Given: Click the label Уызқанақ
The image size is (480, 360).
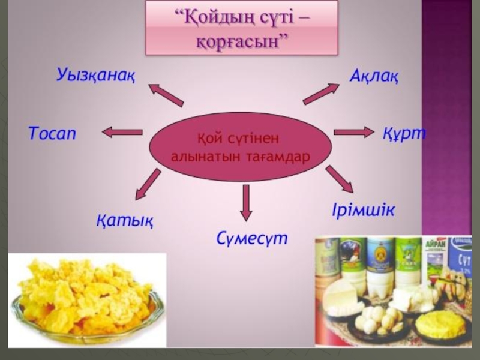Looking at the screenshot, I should click(x=96, y=76).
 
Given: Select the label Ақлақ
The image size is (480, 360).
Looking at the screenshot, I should click(x=374, y=77).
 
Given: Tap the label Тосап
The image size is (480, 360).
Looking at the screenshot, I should click(x=53, y=133).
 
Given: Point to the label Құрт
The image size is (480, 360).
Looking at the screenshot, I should click(x=404, y=133).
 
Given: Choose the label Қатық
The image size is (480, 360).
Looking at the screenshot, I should click(x=124, y=220).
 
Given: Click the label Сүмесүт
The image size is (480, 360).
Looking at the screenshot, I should click(x=252, y=238).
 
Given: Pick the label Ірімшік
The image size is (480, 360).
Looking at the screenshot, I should click(x=363, y=211).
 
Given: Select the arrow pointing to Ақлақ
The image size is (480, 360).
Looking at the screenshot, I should click(x=321, y=94).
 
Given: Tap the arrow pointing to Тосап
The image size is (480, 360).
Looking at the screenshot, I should click(x=122, y=132).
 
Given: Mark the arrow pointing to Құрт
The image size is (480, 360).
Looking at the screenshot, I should click(x=353, y=132).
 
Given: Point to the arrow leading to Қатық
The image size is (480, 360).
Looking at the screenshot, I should click(x=148, y=184).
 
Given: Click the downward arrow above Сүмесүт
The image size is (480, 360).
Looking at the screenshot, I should click(x=245, y=202).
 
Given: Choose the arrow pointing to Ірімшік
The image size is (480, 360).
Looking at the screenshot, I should click(x=339, y=179).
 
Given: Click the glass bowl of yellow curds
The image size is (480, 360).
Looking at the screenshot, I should click(x=84, y=300).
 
